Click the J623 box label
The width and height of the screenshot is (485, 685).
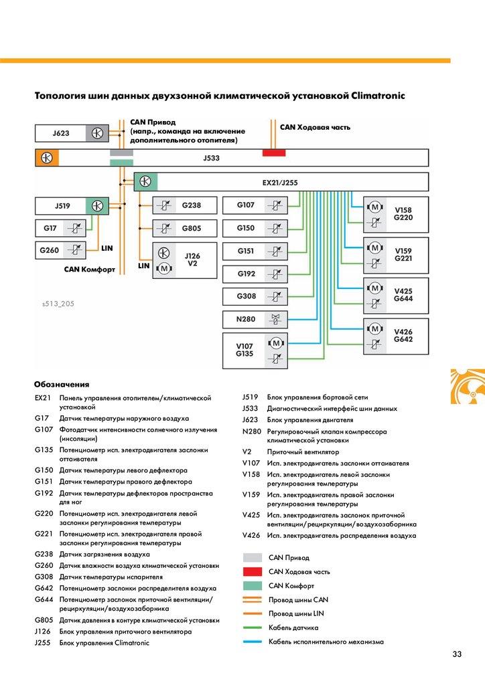pyautogui.click(x=61, y=133)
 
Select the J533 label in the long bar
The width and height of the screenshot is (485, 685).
pyautogui.click(x=211, y=158)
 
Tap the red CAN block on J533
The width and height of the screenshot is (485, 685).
pyautogui.click(x=274, y=153)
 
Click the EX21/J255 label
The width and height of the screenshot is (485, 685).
pyautogui.click(x=280, y=183)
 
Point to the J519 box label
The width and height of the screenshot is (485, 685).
pyautogui.click(x=62, y=206)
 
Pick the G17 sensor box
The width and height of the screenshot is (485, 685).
pyautogui.click(x=60, y=228)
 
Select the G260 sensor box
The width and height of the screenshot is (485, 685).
pyautogui.click(x=60, y=250)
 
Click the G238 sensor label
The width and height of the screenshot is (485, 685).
pyautogui.click(x=192, y=205)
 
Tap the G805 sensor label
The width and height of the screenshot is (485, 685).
pyautogui.click(x=192, y=228)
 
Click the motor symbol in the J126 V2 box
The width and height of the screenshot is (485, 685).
pyautogui.click(x=164, y=268)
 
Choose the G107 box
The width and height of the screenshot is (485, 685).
pyautogui.click(x=255, y=205)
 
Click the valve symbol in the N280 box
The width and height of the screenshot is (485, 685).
pyautogui.click(x=275, y=319)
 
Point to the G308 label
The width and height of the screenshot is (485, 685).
pyautogui.click(x=247, y=296)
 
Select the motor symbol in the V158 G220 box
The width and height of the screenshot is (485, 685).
pyautogui.click(x=374, y=207)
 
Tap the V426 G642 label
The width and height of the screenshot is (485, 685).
pyautogui.click(x=403, y=336)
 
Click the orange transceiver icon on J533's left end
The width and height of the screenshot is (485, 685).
pyautogui.click(x=47, y=158)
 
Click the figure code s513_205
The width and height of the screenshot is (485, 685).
pyautogui.click(x=58, y=304)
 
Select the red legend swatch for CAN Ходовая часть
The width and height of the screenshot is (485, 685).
pyautogui.click(x=253, y=571)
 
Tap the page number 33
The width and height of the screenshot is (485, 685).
pyautogui.click(x=457, y=654)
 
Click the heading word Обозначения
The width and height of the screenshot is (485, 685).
pyautogui.click(x=62, y=385)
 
